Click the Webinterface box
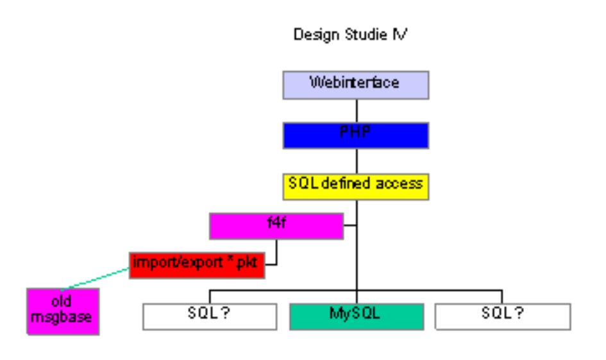click(x=355, y=85)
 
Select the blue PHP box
click(x=355, y=135)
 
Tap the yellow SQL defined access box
click(x=355, y=187)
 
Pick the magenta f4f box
click(x=276, y=227)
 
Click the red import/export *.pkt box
click(x=197, y=265)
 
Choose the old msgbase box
click(x=63, y=311)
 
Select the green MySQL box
click(x=357, y=317)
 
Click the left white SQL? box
click(x=210, y=317)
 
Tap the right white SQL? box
click(x=503, y=317)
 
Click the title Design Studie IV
click(x=350, y=35)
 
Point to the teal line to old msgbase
click(x=96, y=279)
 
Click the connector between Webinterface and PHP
click(x=357, y=111)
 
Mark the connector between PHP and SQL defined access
click(x=357, y=161)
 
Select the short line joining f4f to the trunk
click(x=349, y=225)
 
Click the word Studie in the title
click(x=366, y=35)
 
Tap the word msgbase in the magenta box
click(x=61, y=318)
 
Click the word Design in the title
click(x=317, y=35)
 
